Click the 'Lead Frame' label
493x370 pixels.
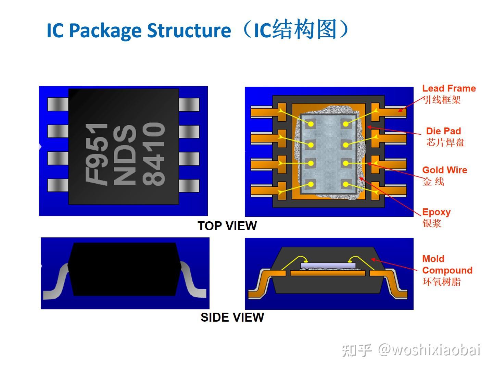point(449,88)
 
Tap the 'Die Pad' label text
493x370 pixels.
point(443,131)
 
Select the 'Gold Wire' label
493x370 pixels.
point(444,170)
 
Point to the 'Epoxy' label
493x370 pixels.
point(436,212)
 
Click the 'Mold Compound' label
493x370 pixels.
point(447,264)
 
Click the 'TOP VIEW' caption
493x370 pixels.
point(227,226)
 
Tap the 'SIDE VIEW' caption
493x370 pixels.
point(232,317)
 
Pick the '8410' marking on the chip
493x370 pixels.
point(154,154)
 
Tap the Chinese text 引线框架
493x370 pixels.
point(442,100)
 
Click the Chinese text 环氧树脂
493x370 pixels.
point(442,282)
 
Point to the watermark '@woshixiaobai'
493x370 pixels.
point(429,350)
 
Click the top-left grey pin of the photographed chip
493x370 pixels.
point(58,104)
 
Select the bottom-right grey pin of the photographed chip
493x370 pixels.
point(189,185)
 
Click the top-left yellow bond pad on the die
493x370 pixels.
point(311,124)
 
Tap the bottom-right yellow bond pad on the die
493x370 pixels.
point(346,185)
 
